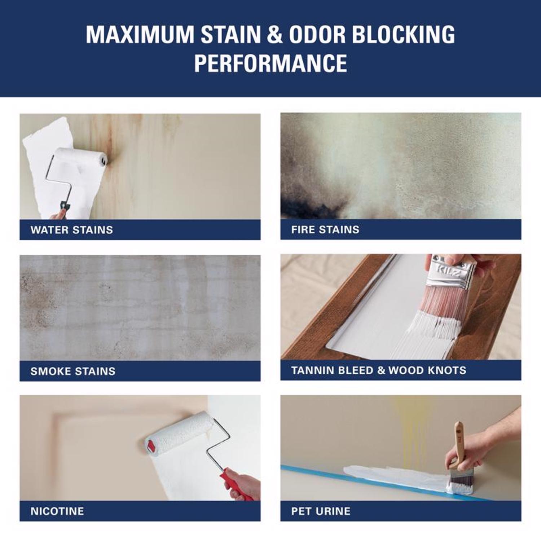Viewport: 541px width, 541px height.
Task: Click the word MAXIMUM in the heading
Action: [140, 35]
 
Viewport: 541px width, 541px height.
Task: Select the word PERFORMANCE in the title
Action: [270, 63]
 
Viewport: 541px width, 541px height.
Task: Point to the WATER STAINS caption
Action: [72, 230]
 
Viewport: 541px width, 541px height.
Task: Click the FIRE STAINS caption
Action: [325, 229]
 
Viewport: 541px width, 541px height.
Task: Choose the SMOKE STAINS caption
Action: [73, 371]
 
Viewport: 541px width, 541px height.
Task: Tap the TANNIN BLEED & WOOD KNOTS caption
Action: [379, 370]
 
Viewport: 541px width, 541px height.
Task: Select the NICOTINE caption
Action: [57, 511]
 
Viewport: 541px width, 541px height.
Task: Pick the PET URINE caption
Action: [321, 511]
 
